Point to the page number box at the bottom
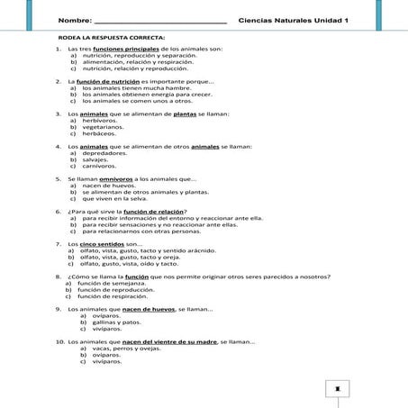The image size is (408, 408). (337, 389)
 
